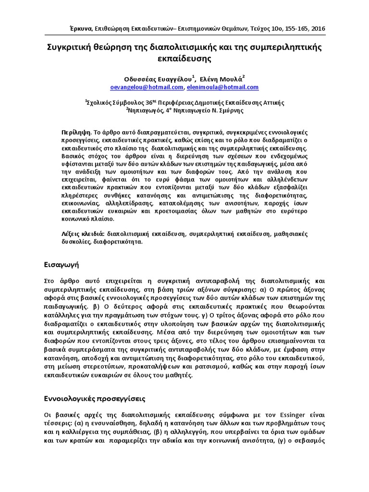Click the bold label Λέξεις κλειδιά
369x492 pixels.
tap(83, 234)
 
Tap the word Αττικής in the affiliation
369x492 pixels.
tap(273, 102)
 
